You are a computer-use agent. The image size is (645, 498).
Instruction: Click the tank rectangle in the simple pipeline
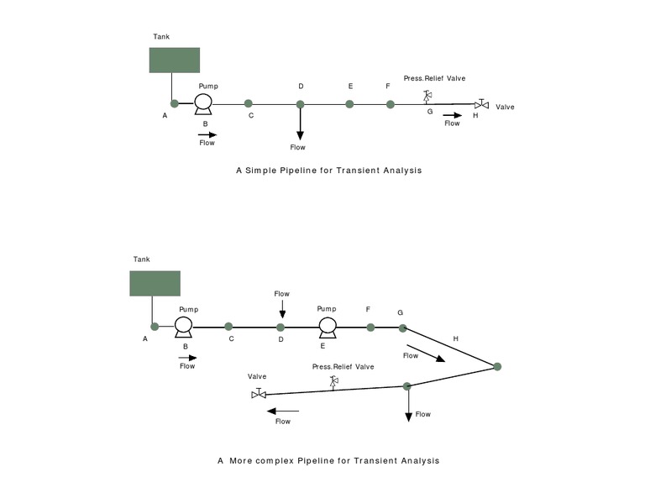coord(175,60)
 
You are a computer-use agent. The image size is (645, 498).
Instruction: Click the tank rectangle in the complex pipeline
coord(155,283)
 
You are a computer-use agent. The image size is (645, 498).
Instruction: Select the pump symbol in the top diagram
coord(203,103)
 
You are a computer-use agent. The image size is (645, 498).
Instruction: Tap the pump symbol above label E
coord(327,326)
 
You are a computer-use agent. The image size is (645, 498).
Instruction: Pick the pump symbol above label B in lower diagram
coord(183,326)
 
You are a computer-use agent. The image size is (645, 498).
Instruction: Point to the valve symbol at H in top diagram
coord(481,104)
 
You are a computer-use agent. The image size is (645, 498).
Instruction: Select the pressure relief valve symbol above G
coord(427,95)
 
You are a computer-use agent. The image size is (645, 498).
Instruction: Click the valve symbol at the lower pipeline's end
coord(260,393)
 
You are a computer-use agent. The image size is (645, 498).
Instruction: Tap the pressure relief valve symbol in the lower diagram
coord(333,382)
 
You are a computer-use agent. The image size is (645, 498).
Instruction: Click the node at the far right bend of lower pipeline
coord(497,366)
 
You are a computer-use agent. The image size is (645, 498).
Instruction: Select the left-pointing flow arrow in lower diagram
coord(282,411)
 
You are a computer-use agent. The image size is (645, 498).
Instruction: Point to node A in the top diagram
coord(175,103)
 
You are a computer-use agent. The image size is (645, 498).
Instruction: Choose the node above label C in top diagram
coord(249,103)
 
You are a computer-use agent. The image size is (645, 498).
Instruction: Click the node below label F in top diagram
coord(390,104)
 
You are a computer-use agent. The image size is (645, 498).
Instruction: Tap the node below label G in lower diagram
coord(402,327)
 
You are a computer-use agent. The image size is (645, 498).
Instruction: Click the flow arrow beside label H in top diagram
coord(452,114)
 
